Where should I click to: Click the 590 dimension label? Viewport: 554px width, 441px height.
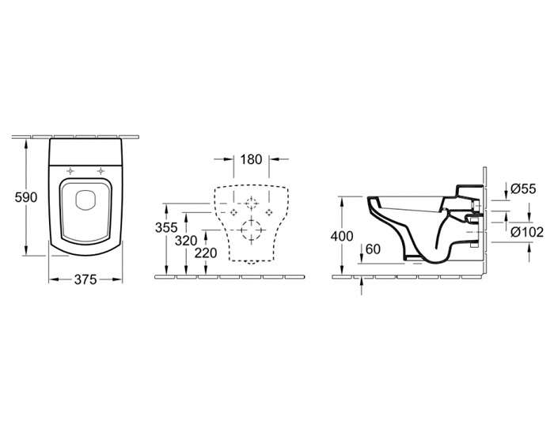26,197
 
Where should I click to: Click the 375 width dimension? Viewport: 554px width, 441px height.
85,279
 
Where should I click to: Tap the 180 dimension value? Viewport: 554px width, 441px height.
251,159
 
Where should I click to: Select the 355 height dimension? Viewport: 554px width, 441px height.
166,227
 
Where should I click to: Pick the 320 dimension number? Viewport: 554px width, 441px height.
186,241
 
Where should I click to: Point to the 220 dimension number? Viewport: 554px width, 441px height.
206,253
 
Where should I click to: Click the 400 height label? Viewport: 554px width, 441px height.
342,236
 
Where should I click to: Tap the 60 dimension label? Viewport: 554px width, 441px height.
373,249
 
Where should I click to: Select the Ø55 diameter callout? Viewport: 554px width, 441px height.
523,189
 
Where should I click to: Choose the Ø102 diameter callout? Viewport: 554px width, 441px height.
527,232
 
